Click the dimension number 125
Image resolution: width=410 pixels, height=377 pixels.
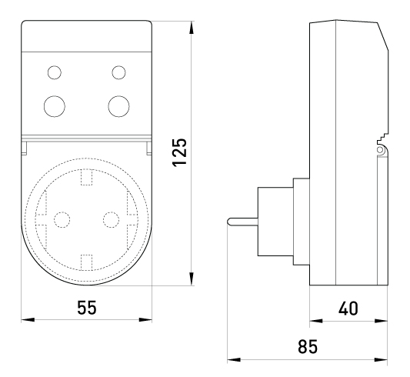coord(180,152)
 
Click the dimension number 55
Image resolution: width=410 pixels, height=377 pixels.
coord(87,308)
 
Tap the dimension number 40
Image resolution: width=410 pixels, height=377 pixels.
coord(348,309)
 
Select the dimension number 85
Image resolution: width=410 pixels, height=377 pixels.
coord(308,346)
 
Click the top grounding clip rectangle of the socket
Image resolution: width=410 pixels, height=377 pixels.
coord(87,177)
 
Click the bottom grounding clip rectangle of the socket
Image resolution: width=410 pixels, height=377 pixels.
coord(87,262)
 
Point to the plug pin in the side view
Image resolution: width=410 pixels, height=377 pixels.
coord(242,222)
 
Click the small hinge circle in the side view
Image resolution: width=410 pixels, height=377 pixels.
coord(379,150)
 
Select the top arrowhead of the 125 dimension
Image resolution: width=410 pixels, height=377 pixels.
coord(192,28)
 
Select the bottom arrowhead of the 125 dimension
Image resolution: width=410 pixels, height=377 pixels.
coord(192,279)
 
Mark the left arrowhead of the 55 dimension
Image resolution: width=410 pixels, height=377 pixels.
coord(28,320)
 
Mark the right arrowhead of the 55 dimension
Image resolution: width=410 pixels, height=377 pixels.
coord(145,320)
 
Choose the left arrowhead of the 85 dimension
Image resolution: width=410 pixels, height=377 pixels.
coord(234,360)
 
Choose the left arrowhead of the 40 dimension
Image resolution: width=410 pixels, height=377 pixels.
coord(316,321)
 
